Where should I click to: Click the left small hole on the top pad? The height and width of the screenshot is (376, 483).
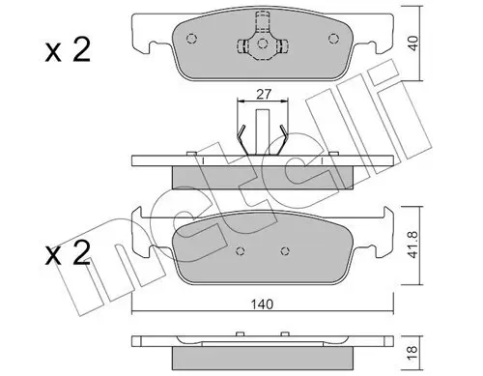[192, 41]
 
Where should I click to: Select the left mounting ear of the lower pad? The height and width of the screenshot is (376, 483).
[142, 232]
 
